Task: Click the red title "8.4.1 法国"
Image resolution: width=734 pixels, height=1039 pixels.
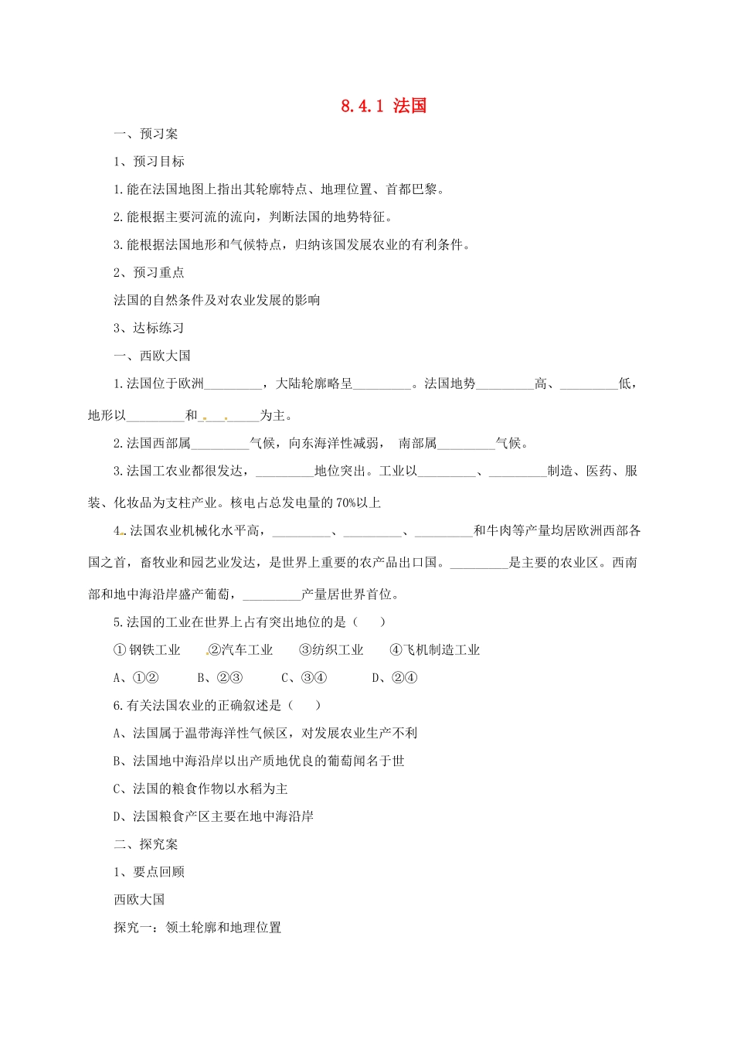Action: pyautogui.click(x=383, y=106)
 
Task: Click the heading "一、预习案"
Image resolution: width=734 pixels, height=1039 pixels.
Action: pyautogui.click(x=145, y=134)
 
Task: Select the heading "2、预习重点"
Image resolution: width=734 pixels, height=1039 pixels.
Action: pyautogui.click(x=148, y=272)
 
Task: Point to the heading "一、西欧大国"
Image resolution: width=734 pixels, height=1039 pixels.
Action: pyautogui.click(x=151, y=356)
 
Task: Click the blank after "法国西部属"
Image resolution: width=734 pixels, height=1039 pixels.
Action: pyautogui.click(x=220, y=444)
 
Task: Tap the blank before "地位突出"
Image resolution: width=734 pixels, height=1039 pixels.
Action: pyautogui.click(x=284, y=472)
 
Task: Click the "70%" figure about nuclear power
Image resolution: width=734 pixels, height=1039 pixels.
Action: pyautogui.click(x=345, y=503)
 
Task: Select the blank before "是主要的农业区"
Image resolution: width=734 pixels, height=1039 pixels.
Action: pyautogui.click(x=479, y=564)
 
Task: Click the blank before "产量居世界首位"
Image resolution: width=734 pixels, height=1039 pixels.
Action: pyautogui.click(x=272, y=595)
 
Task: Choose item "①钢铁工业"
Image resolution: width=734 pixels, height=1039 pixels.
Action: pyautogui.click(x=147, y=650)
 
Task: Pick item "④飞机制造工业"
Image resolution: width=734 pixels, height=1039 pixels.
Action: pyautogui.click(x=435, y=650)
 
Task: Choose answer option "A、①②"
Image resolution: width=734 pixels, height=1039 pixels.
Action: pyautogui.click(x=136, y=678)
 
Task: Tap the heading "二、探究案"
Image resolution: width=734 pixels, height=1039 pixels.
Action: pyautogui.click(x=145, y=844)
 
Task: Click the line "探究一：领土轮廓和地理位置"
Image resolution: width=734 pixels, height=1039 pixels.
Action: pyautogui.click(x=197, y=927)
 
